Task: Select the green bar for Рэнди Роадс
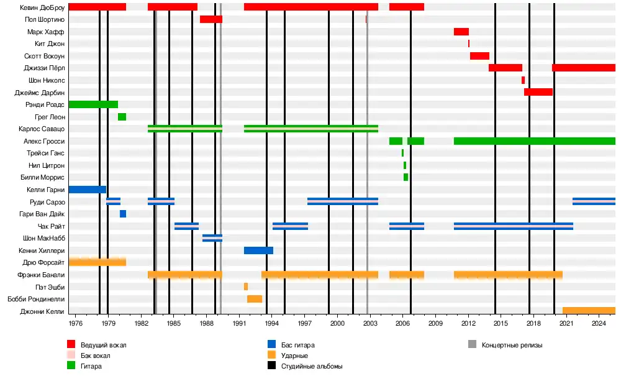tap(93, 104)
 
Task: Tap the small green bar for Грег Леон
tap(122, 117)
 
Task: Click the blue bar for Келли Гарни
tap(87, 190)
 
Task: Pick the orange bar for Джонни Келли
tap(589, 311)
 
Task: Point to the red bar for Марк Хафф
tap(461, 32)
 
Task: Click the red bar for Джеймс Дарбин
tap(538, 92)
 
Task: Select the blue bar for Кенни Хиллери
tap(258, 250)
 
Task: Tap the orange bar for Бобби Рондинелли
tap(255, 299)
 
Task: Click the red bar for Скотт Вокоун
tap(479, 56)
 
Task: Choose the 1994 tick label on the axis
tap(271, 324)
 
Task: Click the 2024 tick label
tap(599, 324)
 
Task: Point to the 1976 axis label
tap(75, 324)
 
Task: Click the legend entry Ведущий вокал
tap(99, 344)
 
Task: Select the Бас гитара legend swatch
tap(271, 344)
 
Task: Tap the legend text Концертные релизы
tap(512, 344)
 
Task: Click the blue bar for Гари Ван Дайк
tap(123, 214)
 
